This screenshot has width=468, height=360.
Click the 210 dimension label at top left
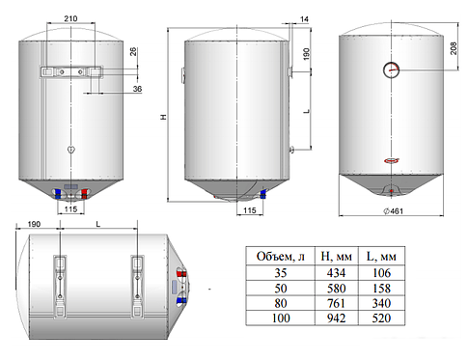[x=70, y=18]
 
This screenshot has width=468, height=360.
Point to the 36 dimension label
[x=137, y=89]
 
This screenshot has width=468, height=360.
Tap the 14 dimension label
[x=304, y=19]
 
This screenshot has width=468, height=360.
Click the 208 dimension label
[x=454, y=48]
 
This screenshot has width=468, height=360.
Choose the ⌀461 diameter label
[x=393, y=211]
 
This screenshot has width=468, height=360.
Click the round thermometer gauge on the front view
[x=392, y=69]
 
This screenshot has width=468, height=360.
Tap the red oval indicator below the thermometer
[x=392, y=160]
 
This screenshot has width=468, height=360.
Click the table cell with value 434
[x=337, y=273]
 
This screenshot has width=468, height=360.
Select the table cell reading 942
[x=337, y=318]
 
